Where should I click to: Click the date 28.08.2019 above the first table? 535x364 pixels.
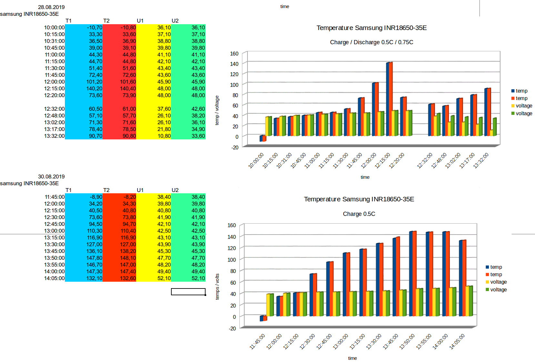click(51, 7)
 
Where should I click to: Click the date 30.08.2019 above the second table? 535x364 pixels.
click(51, 177)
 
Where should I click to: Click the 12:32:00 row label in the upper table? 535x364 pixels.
click(54, 109)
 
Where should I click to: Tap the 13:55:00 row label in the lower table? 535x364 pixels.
click(54, 265)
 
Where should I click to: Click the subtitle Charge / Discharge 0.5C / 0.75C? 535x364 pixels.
click(371, 42)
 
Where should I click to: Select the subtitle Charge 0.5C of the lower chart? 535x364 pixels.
click(359, 214)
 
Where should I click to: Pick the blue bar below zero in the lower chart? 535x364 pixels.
click(261, 318)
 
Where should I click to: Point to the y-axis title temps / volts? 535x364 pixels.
click(217, 287)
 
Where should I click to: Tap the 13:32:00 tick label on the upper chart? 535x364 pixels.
click(481, 160)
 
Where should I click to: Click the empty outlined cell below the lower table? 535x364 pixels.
click(188, 292)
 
